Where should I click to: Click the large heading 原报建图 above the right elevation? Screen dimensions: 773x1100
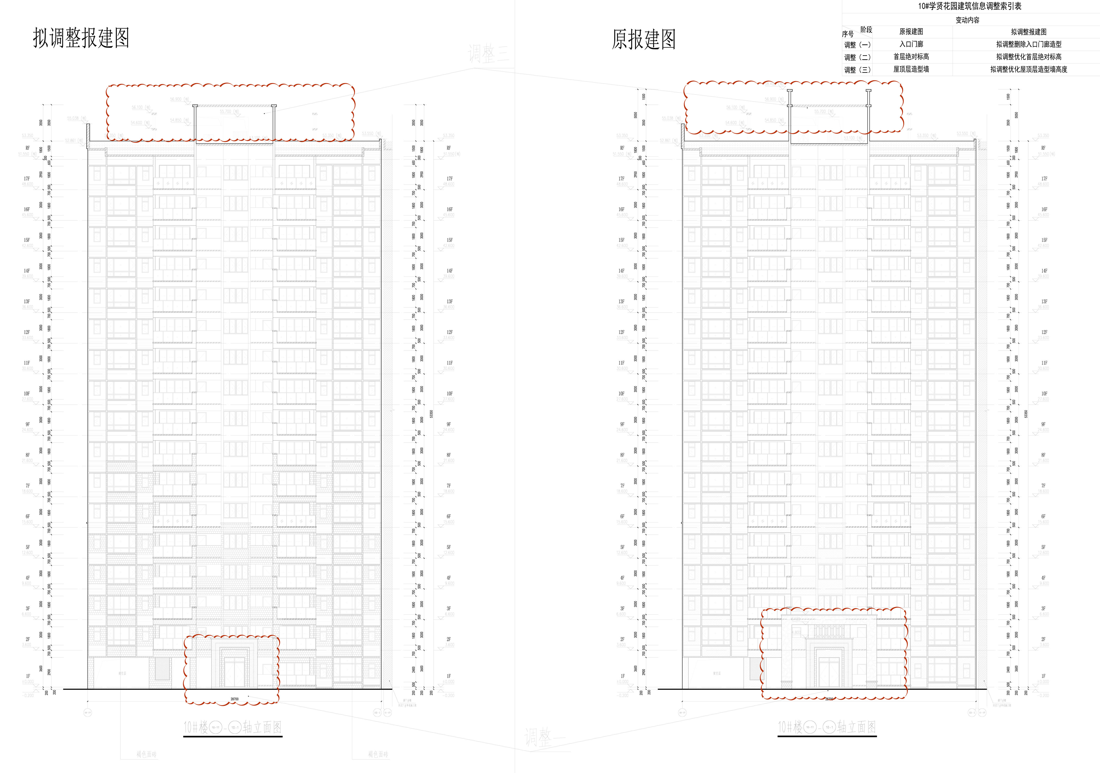[x=643, y=39]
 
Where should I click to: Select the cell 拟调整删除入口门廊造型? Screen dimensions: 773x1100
[x=1029, y=44]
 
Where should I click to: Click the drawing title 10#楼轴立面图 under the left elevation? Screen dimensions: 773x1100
[x=233, y=727]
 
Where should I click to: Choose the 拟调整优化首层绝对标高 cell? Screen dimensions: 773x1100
[x=1029, y=57]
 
